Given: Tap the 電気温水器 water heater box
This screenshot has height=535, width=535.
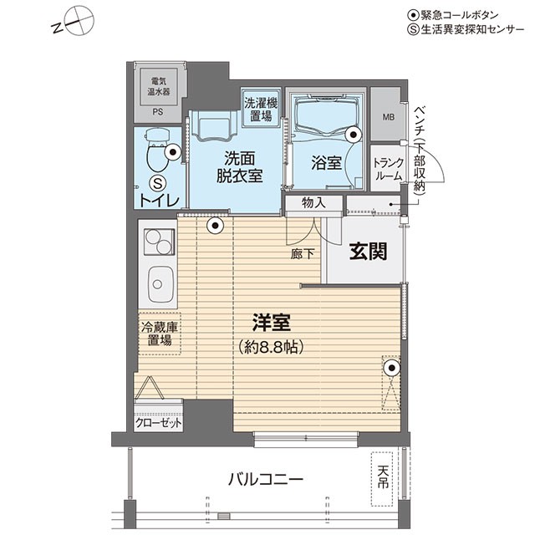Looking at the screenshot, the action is tap(159, 87).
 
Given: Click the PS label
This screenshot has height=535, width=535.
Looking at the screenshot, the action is tap(158, 112).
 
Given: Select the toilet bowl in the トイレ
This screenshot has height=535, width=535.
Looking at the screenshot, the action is tap(157, 150).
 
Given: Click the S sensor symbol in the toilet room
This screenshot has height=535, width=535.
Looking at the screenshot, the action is tap(158, 184).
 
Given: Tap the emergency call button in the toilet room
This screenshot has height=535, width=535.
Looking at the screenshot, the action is tap(173, 152).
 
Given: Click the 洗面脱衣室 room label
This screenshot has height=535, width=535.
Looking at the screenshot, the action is tap(240, 167).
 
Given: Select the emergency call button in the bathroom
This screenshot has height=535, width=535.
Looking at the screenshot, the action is tap(353, 135).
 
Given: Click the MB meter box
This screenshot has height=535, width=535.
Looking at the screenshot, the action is tap(388, 117).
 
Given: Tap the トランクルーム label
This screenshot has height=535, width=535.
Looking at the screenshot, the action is tap(389, 169).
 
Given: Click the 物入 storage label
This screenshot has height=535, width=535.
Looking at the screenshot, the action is tap(314, 203).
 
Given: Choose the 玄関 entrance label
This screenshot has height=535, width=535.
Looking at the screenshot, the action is tap(368, 252).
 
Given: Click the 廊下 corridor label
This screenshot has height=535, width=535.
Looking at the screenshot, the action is tap(303, 254).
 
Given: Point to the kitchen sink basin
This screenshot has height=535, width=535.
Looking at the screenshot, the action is tap(160, 284).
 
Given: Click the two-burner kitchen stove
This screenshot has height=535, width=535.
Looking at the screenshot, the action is tap(159, 242).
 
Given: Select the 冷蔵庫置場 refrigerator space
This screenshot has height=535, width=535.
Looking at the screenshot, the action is tap(160, 334).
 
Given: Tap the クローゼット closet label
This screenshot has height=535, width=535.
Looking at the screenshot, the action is tap(158, 424).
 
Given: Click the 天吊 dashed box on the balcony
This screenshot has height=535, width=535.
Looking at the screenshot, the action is tap(382, 479).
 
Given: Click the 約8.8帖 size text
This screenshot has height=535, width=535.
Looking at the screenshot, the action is tap(272, 347).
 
